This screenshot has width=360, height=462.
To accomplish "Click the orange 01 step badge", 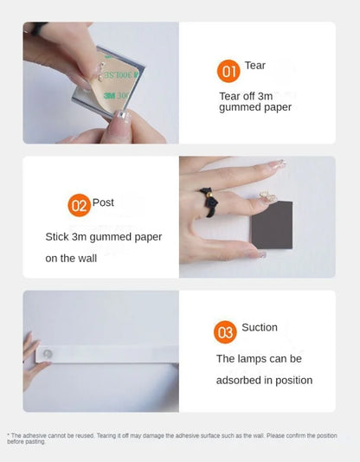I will (228, 71).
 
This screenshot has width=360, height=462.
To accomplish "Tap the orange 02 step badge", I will (79, 205).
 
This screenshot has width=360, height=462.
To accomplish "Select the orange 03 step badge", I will (226, 330).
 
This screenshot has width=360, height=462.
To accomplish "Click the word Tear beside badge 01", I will (255, 66).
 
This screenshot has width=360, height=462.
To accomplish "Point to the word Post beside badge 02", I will (104, 202).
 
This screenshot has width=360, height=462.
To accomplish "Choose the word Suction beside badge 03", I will (260, 327).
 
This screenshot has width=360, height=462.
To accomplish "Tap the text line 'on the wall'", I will (75, 258).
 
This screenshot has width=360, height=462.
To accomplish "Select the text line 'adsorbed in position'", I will (264, 380).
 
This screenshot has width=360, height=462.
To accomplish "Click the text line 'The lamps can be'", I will (259, 358).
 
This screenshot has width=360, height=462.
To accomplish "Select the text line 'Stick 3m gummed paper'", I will (104, 236).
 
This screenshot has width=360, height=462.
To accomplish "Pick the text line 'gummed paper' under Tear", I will (255, 107).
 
